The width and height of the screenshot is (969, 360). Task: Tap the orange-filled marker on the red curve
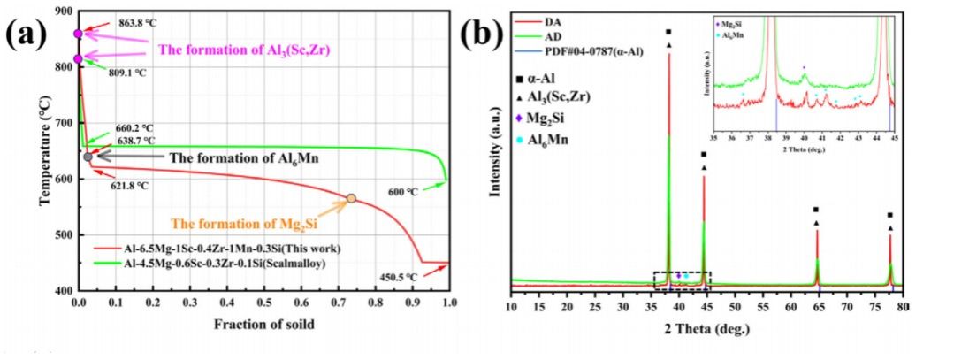pyautogui.click(x=351, y=199)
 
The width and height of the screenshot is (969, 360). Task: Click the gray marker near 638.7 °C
pyautogui.click(x=88, y=157)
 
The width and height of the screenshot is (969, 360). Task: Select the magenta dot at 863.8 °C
pyautogui.click(x=78, y=34)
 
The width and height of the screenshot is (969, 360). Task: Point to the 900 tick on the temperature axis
pyautogui.click(x=62, y=11)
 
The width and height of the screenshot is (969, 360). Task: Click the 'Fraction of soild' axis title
pyautogui.click(x=263, y=324)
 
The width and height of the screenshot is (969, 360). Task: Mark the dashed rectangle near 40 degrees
pyautogui.click(x=682, y=280)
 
